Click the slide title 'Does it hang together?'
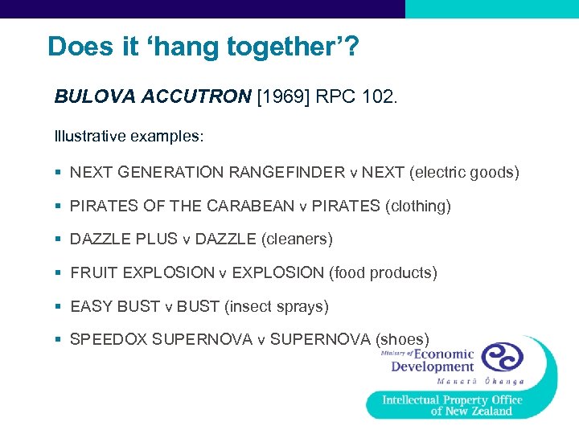(203, 47)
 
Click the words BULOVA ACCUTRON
(152, 97)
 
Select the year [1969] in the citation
(281, 97)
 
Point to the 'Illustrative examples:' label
(129, 136)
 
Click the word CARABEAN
(250, 207)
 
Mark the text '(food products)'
(383, 273)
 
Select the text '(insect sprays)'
(277, 306)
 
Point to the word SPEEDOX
(109, 339)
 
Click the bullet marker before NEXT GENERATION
(59, 173)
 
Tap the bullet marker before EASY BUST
(59, 306)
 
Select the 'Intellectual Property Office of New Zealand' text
(452, 405)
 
